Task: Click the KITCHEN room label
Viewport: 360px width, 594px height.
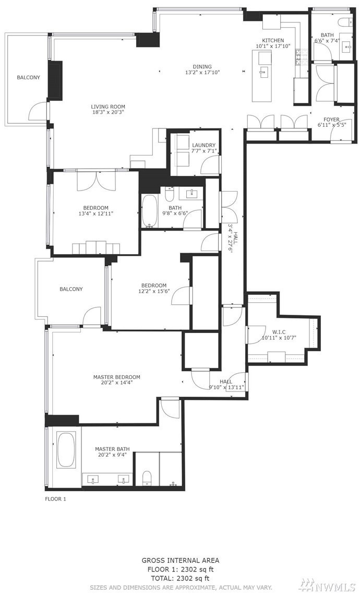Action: coord(273,41)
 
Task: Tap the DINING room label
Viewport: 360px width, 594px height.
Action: coord(202,67)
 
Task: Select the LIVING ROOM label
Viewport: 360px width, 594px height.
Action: coord(108,107)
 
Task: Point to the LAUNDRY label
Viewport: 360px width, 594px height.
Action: coord(203,145)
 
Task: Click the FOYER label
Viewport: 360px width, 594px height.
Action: coord(331,120)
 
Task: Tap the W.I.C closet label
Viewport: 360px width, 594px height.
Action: coord(278,332)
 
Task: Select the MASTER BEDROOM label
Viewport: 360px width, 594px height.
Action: coord(116,377)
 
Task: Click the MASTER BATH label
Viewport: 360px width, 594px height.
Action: coord(112,449)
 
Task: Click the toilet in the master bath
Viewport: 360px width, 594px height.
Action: coord(147,478)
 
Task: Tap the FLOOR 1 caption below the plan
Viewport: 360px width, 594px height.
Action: coord(56,499)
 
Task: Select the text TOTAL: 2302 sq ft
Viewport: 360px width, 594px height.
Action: coord(180,578)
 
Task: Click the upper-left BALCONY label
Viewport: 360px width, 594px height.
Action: coord(28,77)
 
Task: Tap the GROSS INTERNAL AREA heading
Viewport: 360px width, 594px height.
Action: coord(180,560)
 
